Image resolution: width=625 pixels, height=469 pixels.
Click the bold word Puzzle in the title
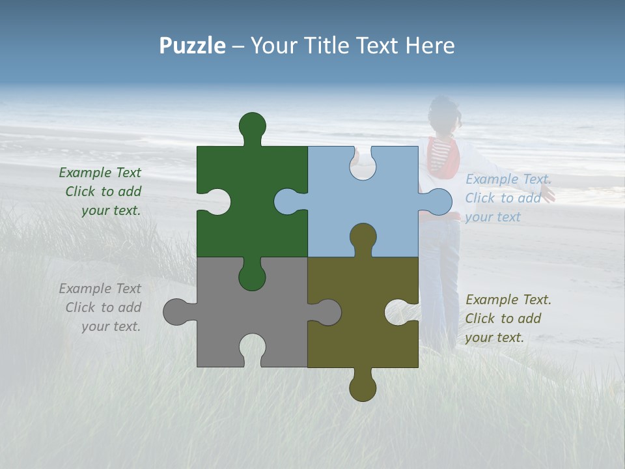(x=192, y=46)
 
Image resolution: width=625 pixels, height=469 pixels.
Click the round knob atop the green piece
(x=253, y=126)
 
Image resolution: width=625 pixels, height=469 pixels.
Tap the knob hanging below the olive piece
(x=363, y=387)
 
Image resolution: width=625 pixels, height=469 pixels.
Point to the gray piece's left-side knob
(x=176, y=312)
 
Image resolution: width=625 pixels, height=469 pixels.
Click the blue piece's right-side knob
(x=438, y=201)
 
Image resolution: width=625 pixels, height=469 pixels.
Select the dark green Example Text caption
(x=101, y=192)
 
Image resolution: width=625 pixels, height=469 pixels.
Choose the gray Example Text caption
(x=101, y=307)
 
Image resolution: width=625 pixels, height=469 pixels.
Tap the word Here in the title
(x=430, y=46)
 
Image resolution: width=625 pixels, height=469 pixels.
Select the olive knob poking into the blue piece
(x=363, y=237)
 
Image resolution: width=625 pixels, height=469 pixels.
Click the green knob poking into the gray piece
(x=253, y=277)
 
